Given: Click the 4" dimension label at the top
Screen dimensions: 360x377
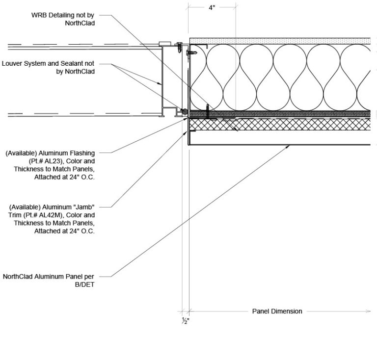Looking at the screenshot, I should click(212, 9).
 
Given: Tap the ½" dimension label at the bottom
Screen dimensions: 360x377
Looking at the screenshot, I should click(185, 321).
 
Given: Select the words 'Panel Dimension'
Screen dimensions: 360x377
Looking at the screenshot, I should click(277, 311).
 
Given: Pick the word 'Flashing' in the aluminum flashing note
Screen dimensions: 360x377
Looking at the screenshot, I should click(81, 153).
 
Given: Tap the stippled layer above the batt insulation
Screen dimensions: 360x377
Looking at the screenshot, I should click(280, 40).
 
